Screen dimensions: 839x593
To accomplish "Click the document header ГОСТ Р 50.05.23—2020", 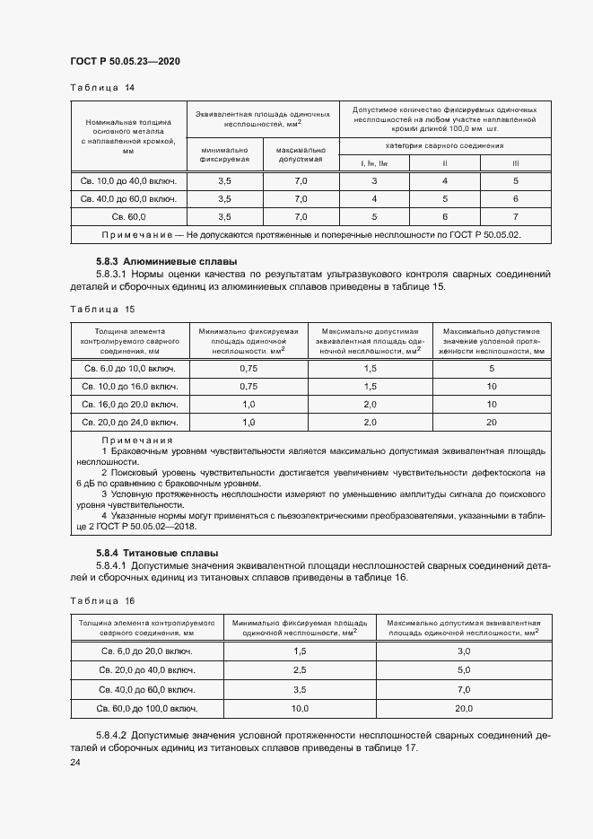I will pos(125,61).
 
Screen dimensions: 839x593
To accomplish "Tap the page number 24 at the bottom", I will pos(75,762).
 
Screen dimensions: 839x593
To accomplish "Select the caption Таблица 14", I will pos(101,87).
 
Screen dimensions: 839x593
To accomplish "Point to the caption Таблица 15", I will pos(101,309).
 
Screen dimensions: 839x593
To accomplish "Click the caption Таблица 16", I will pos(101,600).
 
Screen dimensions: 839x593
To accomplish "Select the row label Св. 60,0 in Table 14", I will pos(128,217).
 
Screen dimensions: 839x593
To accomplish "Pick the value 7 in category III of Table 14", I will pos(516,217).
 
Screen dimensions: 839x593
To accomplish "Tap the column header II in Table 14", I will pos(444,162).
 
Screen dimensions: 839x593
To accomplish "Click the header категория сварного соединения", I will pos(445,144).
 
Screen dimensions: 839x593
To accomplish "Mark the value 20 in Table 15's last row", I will pos(492,422).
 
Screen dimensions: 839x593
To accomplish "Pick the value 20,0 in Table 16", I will pos(464,709).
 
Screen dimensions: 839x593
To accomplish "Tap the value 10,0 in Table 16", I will pos(300,709).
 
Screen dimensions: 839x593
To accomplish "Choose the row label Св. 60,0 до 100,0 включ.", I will pos(146,709).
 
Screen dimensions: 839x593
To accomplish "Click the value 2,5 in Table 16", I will pos(300,669).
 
